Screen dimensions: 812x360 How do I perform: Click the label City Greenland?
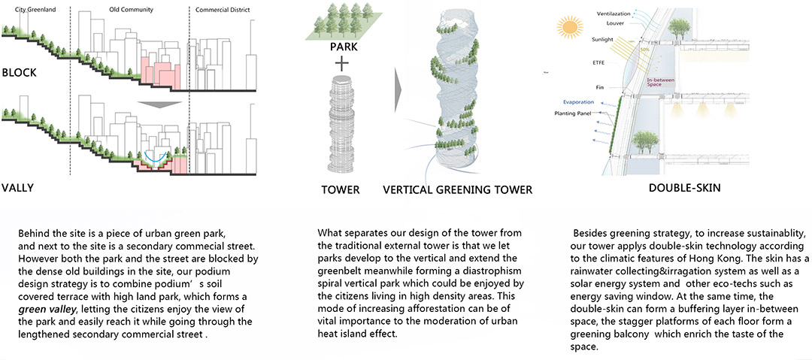click(x=36, y=10)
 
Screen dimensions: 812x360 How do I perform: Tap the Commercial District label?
click(x=223, y=10)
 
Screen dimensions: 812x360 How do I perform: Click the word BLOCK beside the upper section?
click(x=19, y=73)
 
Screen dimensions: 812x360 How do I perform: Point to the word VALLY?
click(x=17, y=187)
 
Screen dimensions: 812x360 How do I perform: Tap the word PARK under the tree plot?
click(x=344, y=48)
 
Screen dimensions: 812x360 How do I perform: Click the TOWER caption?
click(x=341, y=190)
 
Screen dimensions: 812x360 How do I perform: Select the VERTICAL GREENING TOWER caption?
click(x=458, y=190)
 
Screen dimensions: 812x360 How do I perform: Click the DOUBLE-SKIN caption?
click(x=684, y=189)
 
